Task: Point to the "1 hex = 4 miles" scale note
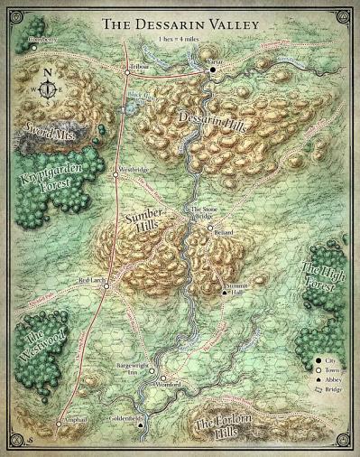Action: coord(181,42)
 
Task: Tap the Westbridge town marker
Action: coord(115,177)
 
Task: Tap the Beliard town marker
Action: coord(209,228)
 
